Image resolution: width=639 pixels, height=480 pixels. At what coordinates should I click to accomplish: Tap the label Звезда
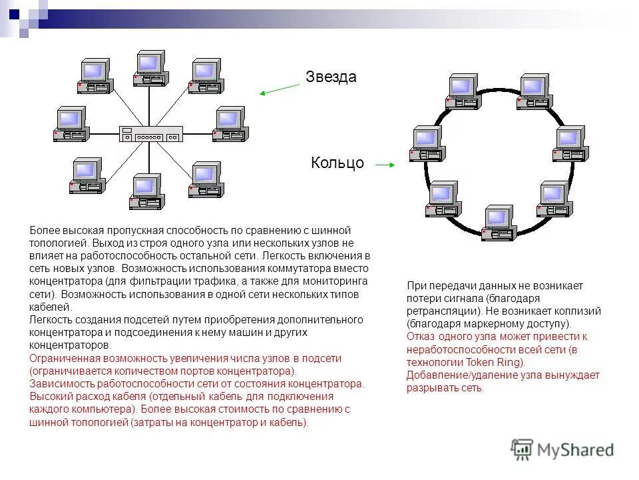331,77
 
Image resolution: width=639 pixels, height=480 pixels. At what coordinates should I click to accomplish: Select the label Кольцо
337,163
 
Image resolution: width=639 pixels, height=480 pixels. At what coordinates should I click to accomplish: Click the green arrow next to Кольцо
385,163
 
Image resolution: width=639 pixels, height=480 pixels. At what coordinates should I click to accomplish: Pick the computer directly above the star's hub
149,68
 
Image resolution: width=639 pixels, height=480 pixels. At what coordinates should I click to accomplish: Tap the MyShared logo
562,450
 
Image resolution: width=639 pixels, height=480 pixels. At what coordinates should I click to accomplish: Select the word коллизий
578,311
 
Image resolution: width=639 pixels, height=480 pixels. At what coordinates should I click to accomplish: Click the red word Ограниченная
65,358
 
